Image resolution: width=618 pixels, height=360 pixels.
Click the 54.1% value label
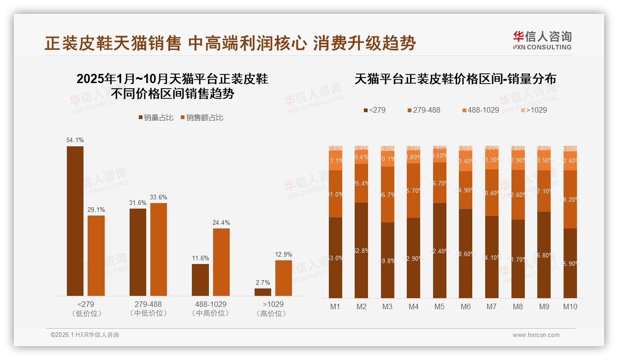(75, 140)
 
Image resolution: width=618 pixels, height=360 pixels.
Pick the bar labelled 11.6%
(200, 280)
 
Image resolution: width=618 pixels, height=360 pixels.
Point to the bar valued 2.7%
(263, 292)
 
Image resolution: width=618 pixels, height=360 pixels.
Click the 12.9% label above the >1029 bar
(284, 254)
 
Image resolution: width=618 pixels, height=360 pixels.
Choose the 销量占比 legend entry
(156, 118)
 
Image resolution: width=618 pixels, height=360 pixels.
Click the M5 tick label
(440, 306)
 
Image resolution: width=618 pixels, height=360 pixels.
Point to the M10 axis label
(570, 306)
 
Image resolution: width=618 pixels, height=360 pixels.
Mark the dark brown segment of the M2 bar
(362, 250)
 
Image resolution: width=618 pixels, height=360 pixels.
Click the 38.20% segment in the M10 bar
(570, 199)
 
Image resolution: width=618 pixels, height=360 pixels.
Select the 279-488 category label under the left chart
(148, 305)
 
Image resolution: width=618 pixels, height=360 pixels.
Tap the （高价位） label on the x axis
(273, 313)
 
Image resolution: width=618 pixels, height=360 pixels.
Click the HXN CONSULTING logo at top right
(542, 40)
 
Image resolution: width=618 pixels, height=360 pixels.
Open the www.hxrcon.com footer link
(536, 335)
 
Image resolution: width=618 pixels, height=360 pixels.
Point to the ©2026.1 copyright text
(85, 335)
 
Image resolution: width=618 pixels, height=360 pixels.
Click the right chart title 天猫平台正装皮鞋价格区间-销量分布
(455, 79)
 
